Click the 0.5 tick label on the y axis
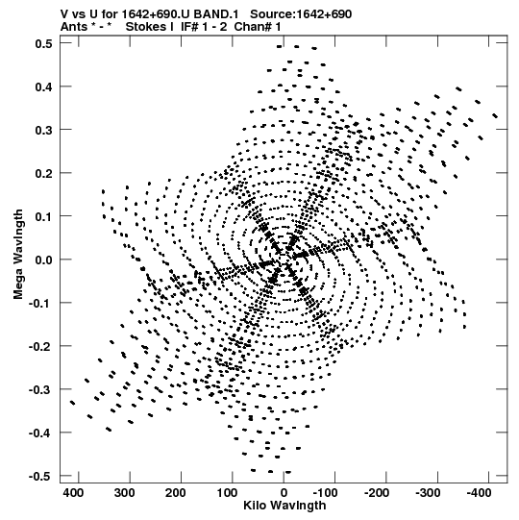tap(43, 43)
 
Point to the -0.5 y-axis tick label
tap(40, 477)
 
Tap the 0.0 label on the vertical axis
tap(43, 260)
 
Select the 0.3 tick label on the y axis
tap(43, 130)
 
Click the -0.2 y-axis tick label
tap(40, 347)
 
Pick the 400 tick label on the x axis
tap(73, 493)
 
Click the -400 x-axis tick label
tap(479, 493)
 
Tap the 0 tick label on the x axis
tap(284, 493)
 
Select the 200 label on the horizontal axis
tap(176, 493)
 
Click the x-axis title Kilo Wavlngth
tap(284, 506)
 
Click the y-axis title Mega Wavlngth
tap(18, 255)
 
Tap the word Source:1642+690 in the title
tap(301, 14)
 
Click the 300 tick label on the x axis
tap(124, 493)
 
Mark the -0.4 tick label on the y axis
tap(40, 433)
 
